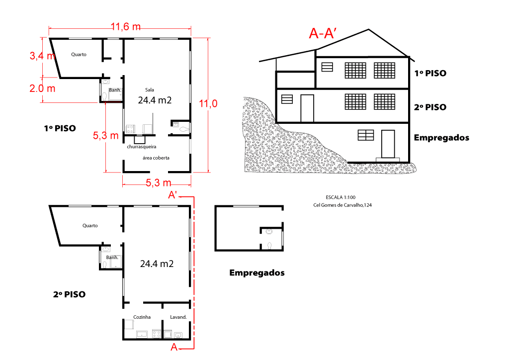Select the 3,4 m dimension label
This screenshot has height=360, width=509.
[42, 56]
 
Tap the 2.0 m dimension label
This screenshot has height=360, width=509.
[42, 89]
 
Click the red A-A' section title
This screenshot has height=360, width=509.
[324, 33]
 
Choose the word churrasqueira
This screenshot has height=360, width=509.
[142, 147]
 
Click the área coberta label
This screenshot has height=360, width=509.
[156, 158]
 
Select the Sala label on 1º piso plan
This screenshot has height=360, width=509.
[149, 90]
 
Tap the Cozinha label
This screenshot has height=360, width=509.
[142, 317]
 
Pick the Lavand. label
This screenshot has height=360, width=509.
[178, 317]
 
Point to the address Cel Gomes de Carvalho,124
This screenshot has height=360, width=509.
[342, 205]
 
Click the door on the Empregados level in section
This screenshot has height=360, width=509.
[388, 144]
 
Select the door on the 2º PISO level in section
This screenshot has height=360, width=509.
[307, 108]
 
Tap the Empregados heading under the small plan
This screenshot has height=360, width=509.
[256, 273]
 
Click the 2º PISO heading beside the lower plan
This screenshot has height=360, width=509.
[69, 294]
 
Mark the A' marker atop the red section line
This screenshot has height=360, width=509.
[173, 195]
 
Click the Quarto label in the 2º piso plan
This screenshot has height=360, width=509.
[90, 226]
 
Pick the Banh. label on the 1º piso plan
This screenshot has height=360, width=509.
[115, 90]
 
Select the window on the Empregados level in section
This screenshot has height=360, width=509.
[366, 135]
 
